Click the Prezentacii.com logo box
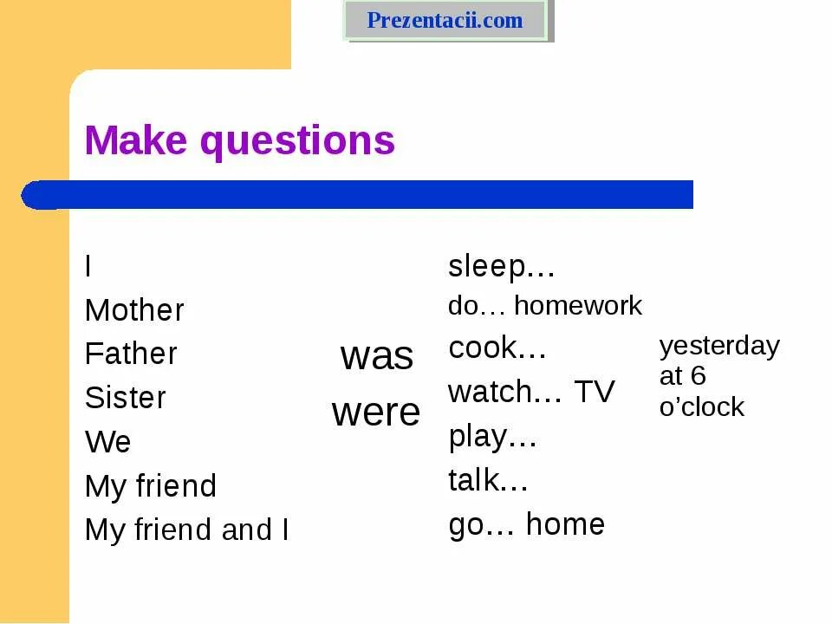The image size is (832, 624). tap(445, 20)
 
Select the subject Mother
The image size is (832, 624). tap(134, 310)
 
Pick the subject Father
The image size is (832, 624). tap(131, 354)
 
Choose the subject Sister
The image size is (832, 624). tap(125, 398)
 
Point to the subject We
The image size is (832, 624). tap(107, 442)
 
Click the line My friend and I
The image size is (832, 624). tap(186, 530)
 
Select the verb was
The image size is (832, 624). tap(376, 355)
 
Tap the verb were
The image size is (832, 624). tap(375, 413)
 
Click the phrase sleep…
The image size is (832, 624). tap(501, 266)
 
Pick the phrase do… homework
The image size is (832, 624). tap(544, 305)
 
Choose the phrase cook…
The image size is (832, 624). tap(497, 348)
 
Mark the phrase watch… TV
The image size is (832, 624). tap(530, 392)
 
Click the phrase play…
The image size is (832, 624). tap(492, 436)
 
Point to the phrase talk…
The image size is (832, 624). tap(488, 479)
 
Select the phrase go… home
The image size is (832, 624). tap(526, 524)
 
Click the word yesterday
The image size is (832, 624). tap(719, 347)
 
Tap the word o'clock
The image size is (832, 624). tap(701, 406)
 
